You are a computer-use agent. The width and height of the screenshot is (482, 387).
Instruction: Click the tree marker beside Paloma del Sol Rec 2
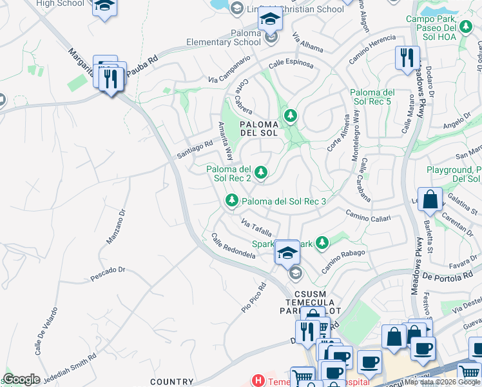tap(261, 172)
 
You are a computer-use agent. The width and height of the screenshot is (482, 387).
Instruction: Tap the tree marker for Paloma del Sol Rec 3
tap(231, 201)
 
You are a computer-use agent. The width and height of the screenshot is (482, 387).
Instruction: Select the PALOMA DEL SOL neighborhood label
tap(258, 128)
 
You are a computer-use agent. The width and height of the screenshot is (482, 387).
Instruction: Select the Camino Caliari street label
tap(368, 216)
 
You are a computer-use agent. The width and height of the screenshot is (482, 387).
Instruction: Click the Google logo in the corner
tap(21, 379)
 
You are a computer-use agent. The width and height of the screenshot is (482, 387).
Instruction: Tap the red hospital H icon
tap(258, 381)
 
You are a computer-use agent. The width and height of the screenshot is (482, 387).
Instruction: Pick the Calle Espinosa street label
tap(291, 64)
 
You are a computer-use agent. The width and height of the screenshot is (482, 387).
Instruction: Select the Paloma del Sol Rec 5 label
tap(372, 97)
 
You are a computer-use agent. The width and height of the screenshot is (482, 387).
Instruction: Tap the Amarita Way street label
tap(225, 141)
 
